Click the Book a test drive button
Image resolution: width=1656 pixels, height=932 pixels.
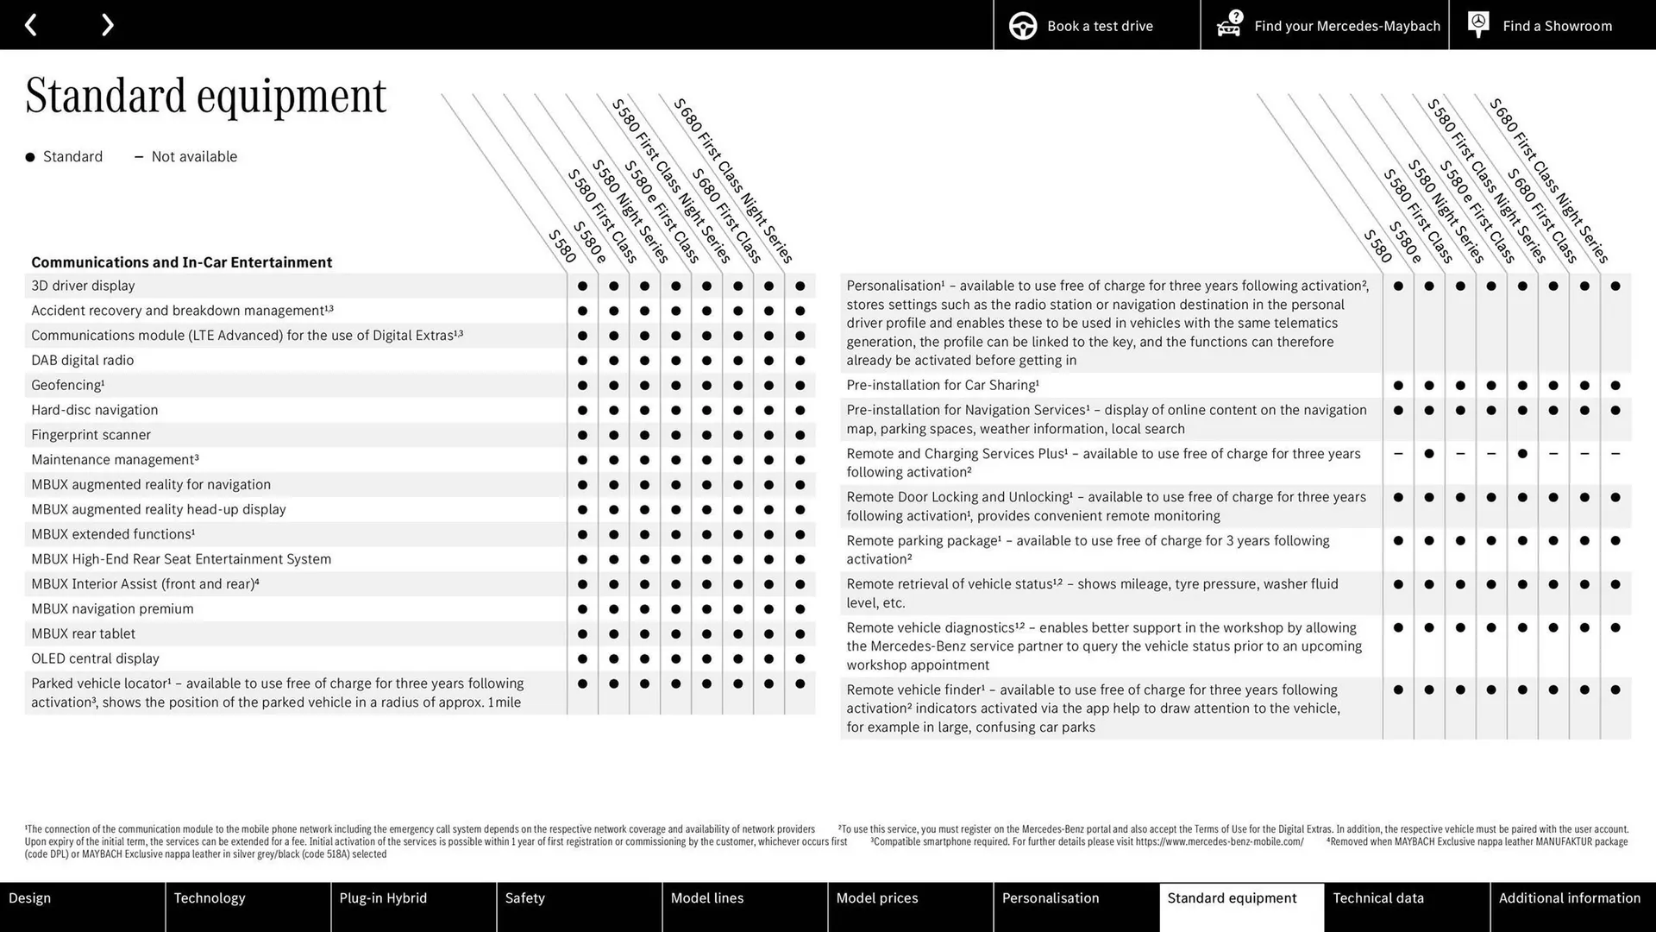pos(1096,26)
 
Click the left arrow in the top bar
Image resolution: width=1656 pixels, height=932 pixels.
pos(31,25)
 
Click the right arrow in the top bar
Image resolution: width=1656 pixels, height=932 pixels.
pos(107,25)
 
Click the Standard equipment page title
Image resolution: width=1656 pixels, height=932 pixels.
pos(205,95)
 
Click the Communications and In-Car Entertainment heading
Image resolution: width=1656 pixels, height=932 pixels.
pos(181,262)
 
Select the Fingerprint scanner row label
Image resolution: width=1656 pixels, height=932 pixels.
pos(91,435)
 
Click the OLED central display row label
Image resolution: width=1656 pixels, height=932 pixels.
pos(95,658)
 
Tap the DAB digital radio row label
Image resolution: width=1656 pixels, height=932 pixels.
pos(82,361)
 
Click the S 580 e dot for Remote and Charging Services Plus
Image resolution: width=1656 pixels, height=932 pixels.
pos(1429,454)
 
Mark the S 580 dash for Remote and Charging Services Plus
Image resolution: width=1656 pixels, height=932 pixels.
pos(1398,454)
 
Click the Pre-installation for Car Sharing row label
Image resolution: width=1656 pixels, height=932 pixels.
pos(942,386)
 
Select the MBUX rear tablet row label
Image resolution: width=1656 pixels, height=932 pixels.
pos(83,634)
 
